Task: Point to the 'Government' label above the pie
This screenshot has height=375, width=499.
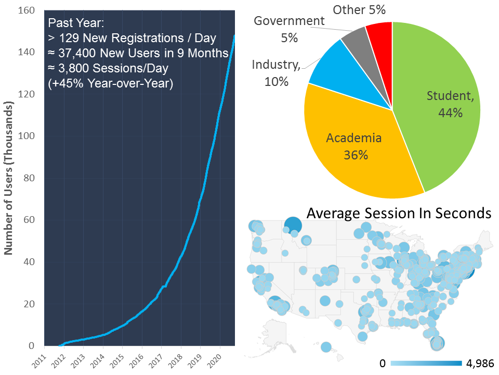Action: (289, 21)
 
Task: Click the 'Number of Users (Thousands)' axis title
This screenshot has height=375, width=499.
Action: (8, 177)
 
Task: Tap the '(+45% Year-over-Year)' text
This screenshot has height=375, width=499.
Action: (110, 83)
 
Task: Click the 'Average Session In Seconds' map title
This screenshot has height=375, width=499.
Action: (399, 213)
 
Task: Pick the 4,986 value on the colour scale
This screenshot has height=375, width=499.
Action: (480, 364)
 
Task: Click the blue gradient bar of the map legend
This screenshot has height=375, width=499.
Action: (426, 364)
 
